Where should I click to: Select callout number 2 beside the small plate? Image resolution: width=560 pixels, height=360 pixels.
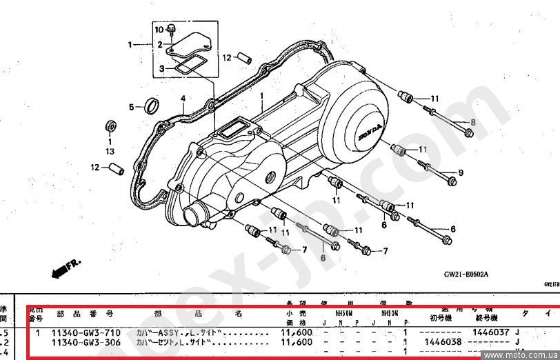click(x=159, y=45)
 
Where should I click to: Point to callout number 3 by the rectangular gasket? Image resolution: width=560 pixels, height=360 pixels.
click(x=161, y=68)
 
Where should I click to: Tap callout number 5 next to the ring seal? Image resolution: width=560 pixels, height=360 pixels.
click(x=131, y=107)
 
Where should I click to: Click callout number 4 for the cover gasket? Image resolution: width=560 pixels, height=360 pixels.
click(x=183, y=99)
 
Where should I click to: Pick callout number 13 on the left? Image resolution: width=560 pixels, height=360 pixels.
click(x=109, y=150)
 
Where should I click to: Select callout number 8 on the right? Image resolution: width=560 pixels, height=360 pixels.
click(x=473, y=122)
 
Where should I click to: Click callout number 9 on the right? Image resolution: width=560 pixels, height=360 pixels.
click(x=461, y=172)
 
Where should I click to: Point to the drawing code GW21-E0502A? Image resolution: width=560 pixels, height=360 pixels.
click(x=466, y=274)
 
